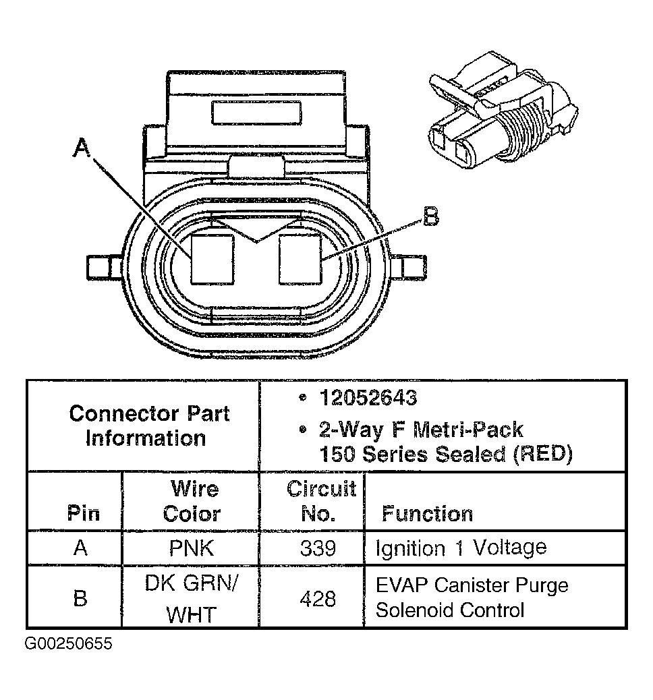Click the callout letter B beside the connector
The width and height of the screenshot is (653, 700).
pos(430,218)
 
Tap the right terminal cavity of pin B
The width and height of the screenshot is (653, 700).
pos(300,258)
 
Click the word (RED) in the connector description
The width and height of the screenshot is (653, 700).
pos(542,454)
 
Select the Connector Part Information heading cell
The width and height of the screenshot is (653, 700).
pos(148,426)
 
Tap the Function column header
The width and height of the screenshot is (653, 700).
pos(427,514)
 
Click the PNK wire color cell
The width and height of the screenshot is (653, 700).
pos(192,548)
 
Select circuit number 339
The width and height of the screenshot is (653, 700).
pos(318,548)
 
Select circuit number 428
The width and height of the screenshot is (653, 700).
pos(318,597)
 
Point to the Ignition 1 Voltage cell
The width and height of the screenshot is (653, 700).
pos(461,548)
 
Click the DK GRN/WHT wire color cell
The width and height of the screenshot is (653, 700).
pos(192,597)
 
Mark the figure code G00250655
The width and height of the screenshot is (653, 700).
pos(68,643)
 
